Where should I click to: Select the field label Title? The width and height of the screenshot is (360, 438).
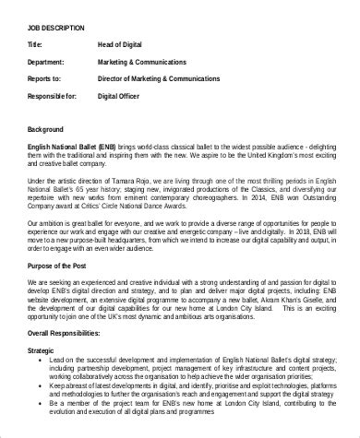(34, 44)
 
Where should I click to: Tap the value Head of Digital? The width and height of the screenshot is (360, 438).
(124, 44)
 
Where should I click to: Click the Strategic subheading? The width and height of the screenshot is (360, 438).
(44, 349)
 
